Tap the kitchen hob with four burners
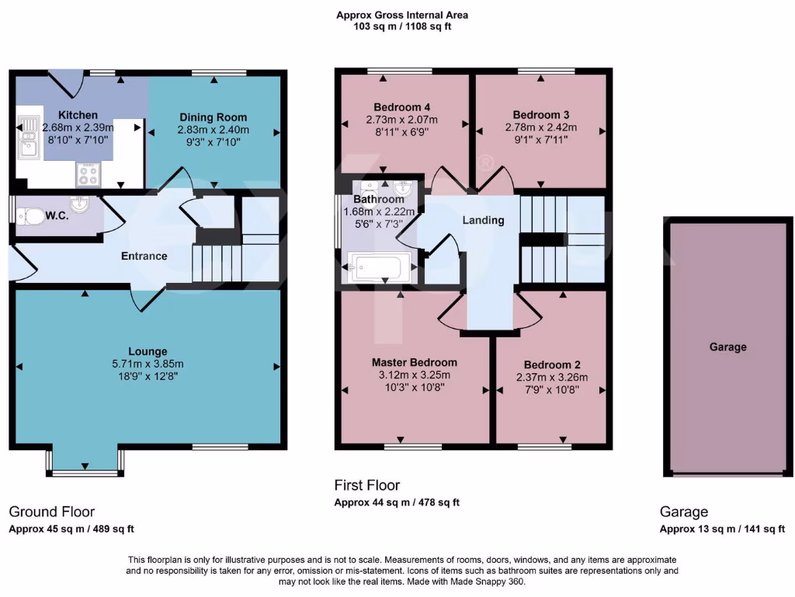pos(86,175)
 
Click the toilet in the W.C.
pos(33,216)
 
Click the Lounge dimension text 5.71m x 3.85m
pos(148,364)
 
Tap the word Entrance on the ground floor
pos(144,256)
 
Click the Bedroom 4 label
pos(401,106)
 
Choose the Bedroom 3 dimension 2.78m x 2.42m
pos(540,127)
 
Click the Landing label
pos(483,220)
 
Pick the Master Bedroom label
pos(414,362)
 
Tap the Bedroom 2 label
pos(552,365)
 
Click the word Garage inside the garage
pos(727,347)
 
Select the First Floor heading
pos(367,485)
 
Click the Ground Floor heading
pos(51,511)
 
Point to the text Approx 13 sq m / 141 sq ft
pos(722,529)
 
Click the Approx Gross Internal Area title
pos(401,15)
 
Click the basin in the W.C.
pos(79,204)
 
